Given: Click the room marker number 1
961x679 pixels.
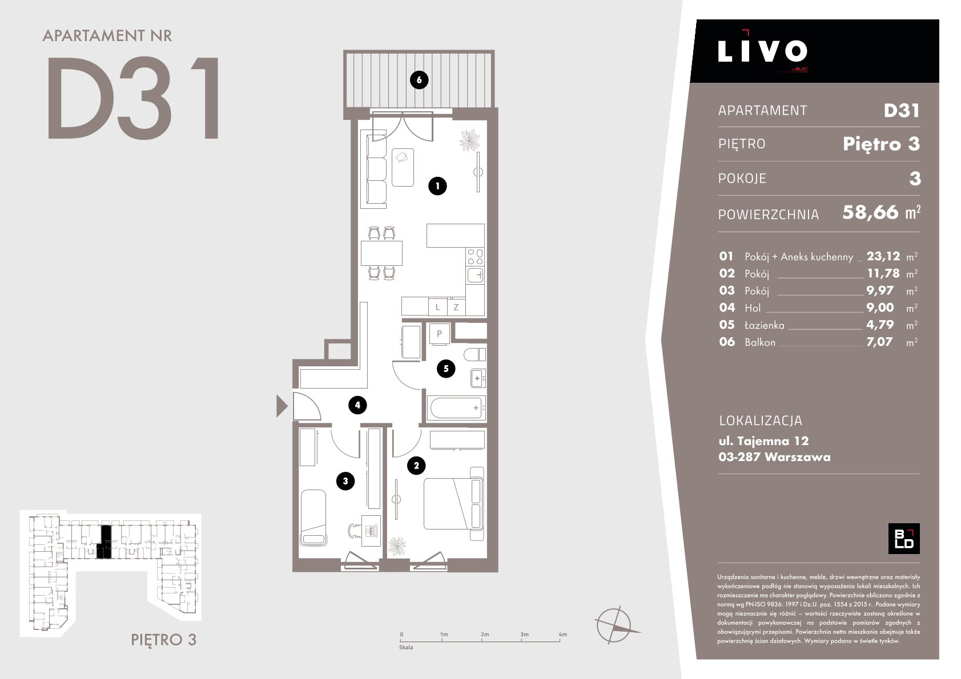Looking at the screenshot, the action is coord(437,186).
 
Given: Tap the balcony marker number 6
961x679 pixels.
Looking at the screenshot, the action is coord(419,80).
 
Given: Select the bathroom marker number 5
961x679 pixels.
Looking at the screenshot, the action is coord(446,369).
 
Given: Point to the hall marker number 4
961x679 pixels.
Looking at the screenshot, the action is coord(357,405).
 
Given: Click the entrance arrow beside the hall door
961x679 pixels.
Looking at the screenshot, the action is coord(281,406).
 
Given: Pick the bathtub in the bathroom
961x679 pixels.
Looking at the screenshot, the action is coord(456,407).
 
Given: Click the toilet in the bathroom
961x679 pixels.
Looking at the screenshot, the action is coord(475,354).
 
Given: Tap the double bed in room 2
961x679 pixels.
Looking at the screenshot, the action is coord(454,504).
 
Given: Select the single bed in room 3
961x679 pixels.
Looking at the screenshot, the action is coord(313,518).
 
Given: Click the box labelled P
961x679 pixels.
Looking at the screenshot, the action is coord(439,333).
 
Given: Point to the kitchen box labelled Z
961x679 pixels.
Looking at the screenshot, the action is coord(456,308).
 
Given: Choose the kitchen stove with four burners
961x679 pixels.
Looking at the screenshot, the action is coord(475,257).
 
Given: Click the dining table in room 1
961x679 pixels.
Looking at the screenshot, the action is coord(381,253).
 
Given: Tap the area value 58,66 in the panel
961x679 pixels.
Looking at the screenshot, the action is coord(870,213).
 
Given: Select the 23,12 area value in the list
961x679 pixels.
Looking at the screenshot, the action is coord(883,256).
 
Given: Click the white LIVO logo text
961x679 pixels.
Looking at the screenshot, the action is coord(762,51).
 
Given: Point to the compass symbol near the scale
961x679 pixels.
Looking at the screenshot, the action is coord(615,625).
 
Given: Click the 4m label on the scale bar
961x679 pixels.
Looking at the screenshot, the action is coord(562,634).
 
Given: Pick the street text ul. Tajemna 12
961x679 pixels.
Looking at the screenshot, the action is coord(763,440).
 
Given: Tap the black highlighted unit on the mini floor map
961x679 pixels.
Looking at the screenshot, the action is coord(104,542).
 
